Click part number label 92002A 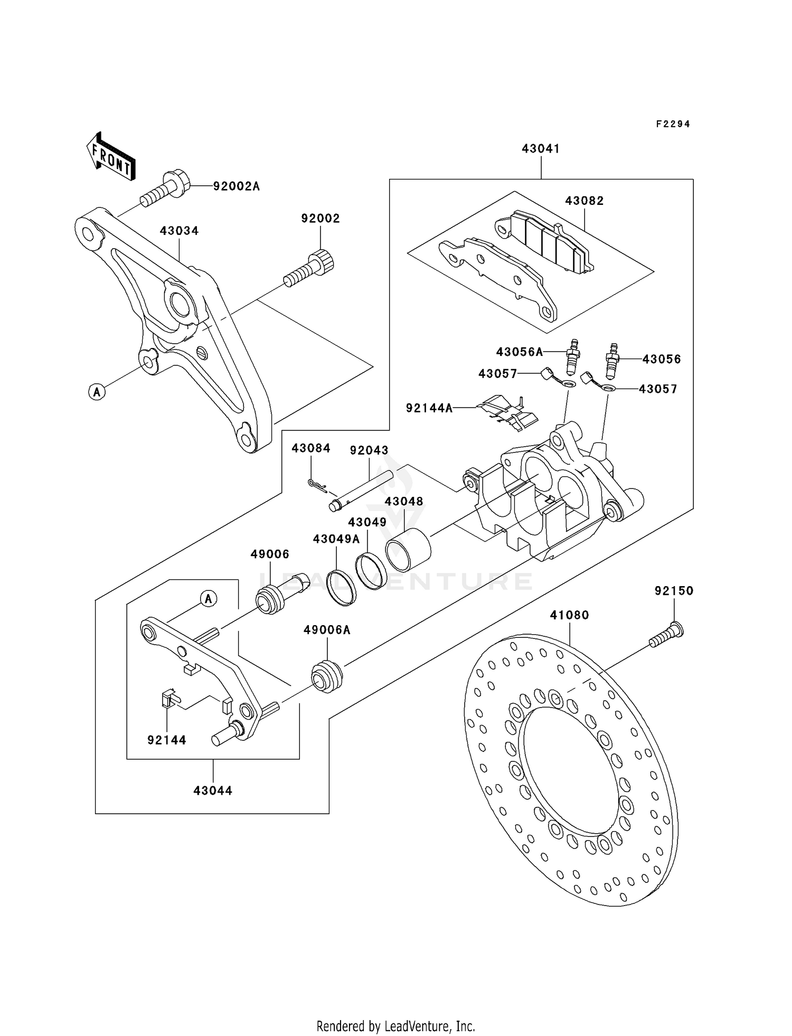pyautogui.click(x=236, y=186)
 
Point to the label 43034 pyautogui.click(x=179, y=231)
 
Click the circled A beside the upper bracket pyautogui.click(x=97, y=392)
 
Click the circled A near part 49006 pyautogui.click(x=209, y=599)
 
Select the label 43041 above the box pyautogui.click(x=541, y=149)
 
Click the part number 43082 pyautogui.click(x=584, y=201)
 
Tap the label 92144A pyautogui.click(x=429, y=408)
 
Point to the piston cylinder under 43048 pyautogui.click(x=408, y=549)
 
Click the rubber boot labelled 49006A pyautogui.click(x=327, y=676)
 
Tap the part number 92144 pyautogui.click(x=167, y=740)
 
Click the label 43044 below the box pyautogui.click(x=213, y=791)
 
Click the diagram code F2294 pyautogui.click(x=673, y=124)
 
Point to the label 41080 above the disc pyautogui.click(x=569, y=615)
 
